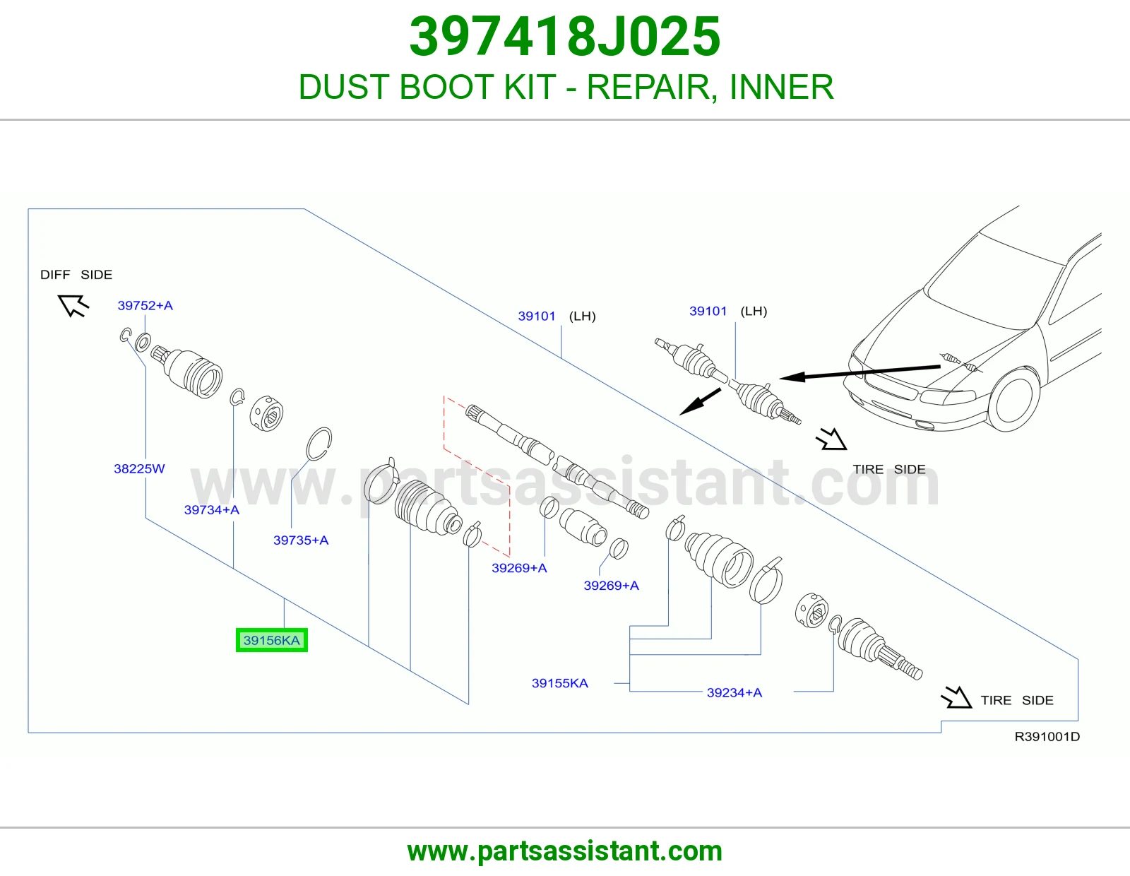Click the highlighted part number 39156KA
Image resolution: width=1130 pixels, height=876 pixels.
pyautogui.click(x=271, y=640)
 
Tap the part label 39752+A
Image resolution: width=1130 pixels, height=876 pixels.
pyautogui.click(x=145, y=305)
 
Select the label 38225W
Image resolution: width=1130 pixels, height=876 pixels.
pyautogui.click(x=139, y=468)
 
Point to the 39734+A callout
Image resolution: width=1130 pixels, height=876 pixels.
pyautogui.click(x=212, y=510)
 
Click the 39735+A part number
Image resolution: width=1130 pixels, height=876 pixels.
pyautogui.click(x=301, y=540)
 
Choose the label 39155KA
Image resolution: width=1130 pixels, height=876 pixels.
pyautogui.click(x=559, y=683)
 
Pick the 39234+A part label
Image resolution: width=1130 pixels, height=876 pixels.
pyautogui.click(x=734, y=692)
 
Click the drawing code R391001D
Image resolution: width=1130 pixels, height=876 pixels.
pyautogui.click(x=1047, y=737)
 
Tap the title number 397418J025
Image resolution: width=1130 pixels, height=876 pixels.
pyautogui.click(x=565, y=37)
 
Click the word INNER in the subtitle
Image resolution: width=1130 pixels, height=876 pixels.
pyautogui.click(x=782, y=87)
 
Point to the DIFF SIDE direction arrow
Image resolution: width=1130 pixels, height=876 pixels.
pyautogui.click(x=74, y=305)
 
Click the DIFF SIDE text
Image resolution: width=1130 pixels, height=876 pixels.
pyautogui.click(x=76, y=275)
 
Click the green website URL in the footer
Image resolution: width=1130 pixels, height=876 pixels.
pyautogui.click(x=565, y=851)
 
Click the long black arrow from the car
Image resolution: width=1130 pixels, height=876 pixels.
pyautogui.click(x=860, y=372)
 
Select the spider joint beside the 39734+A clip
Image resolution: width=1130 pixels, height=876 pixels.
pyautogui.click(x=267, y=413)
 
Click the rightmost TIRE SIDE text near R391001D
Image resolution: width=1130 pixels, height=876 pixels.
pyautogui.click(x=1017, y=700)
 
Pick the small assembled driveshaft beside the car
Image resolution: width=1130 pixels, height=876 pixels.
pyautogui.click(x=728, y=381)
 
